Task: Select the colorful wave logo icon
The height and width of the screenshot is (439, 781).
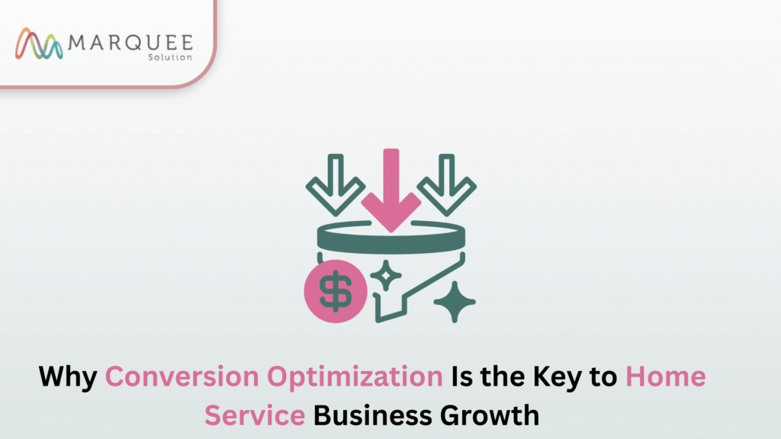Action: pos(39,44)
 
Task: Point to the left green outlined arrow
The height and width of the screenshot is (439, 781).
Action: pos(335,184)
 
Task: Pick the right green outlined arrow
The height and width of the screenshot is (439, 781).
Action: pos(446,184)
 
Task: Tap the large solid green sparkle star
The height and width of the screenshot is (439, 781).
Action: pos(455,302)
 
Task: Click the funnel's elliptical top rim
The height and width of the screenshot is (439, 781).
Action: pos(390,238)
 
